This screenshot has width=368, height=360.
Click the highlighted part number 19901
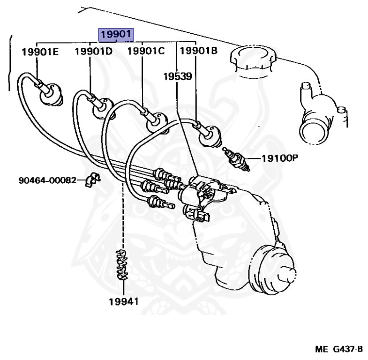click(x=115, y=35)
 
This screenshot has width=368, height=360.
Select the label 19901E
click(x=40, y=52)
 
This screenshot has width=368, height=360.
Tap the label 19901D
click(x=94, y=52)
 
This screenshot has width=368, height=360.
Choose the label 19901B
click(x=199, y=52)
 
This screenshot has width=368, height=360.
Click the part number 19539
click(x=177, y=75)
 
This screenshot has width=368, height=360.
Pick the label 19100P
click(x=279, y=158)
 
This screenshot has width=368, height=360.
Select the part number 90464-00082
click(x=47, y=180)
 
